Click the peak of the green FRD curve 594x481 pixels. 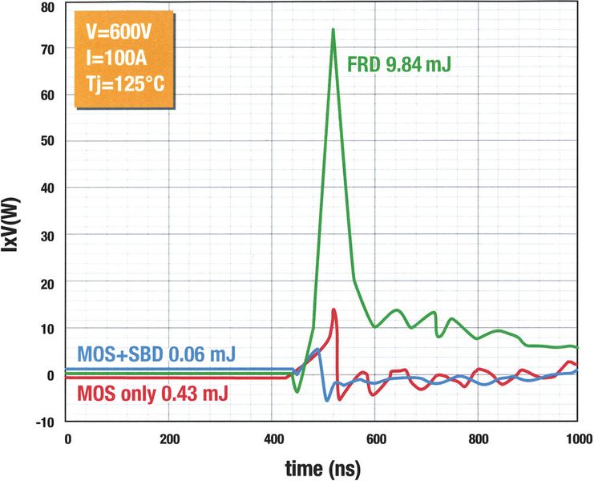click(333, 30)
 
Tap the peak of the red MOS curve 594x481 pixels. click(333, 310)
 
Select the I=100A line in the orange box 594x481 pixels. click(117, 59)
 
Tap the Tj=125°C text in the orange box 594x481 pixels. click(125, 83)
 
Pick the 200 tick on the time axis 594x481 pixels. click(169, 439)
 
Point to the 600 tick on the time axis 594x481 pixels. click(374, 439)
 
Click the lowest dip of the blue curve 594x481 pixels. click(326, 399)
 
